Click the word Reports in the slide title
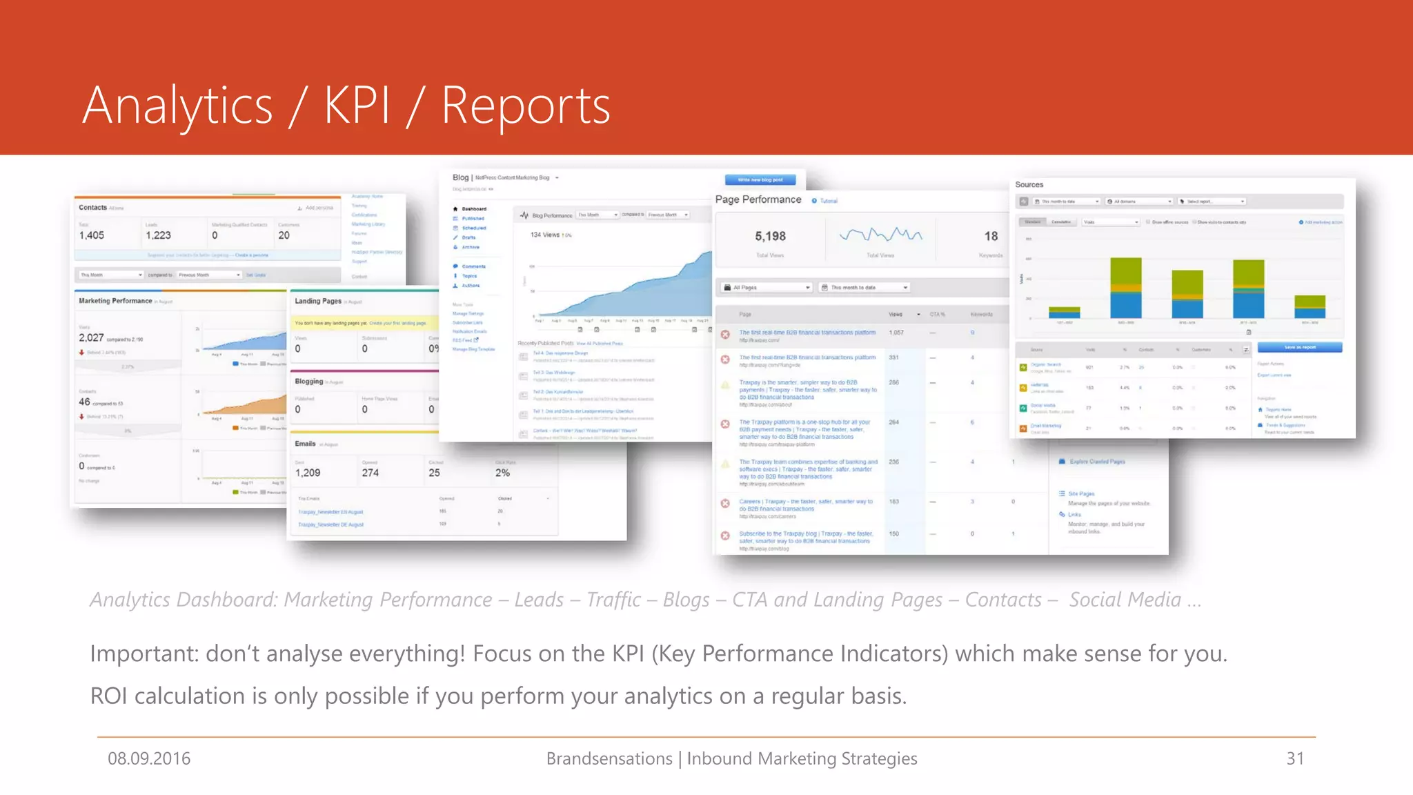pyautogui.click(x=525, y=106)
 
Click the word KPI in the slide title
pyautogui.click(x=357, y=106)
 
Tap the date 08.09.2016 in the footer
pyautogui.click(x=149, y=758)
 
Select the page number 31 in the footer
pyautogui.click(x=1295, y=758)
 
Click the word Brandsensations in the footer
pyautogui.click(x=609, y=758)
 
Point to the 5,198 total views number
pyautogui.click(x=770, y=236)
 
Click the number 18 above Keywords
pyautogui.click(x=991, y=236)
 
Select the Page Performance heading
pyautogui.click(x=758, y=199)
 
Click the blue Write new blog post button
pyautogui.click(x=760, y=180)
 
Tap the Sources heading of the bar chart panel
pyautogui.click(x=1029, y=185)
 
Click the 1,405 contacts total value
pyautogui.click(x=92, y=235)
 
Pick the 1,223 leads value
pyautogui.click(x=158, y=235)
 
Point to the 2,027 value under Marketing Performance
pyautogui.click(x=91, y=337)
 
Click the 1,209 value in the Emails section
pyautogui.click(x=308, y=473)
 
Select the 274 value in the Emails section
pyautogui.click(x=370, y=473)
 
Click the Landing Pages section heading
pyautogui.click(x=318, y=301)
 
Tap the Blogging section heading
pyautogui.click(x=309, y=381)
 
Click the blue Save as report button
pyautogui.click(x=1299, y=347)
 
